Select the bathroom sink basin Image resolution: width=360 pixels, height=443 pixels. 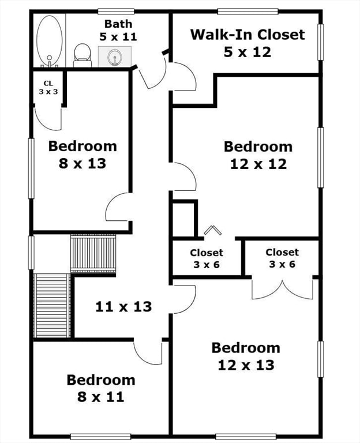click(114, 57)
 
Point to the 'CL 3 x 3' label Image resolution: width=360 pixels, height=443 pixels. click(48, 87)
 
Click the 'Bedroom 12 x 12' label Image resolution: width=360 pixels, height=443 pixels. click(258, 155)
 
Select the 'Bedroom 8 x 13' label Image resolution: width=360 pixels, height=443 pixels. click(82, 155)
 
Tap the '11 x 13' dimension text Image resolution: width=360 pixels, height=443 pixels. click(123, 306)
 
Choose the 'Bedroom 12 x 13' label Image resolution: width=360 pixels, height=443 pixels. click(246, 356)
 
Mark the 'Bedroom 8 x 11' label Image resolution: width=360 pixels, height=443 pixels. click(101, 388)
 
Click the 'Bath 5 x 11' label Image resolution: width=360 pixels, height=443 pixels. click(118, 30)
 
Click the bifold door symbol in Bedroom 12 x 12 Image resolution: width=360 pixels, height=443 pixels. click(212, 230)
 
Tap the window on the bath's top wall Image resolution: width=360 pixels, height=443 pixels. click(116, 11)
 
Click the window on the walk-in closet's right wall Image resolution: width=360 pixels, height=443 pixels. click(321, 42)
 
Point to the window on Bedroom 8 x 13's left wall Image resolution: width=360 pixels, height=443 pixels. click(32, 168)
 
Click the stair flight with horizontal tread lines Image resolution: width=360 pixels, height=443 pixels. click(52, 305)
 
